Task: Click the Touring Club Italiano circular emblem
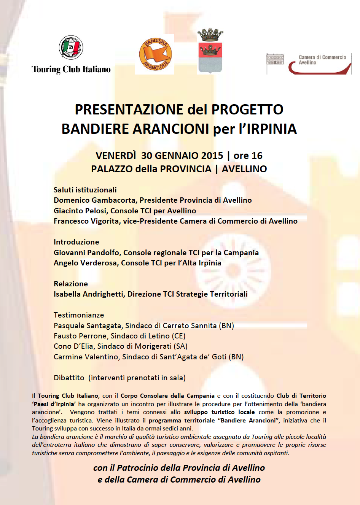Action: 71,48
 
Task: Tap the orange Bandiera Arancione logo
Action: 155,54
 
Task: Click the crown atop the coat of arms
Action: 210,35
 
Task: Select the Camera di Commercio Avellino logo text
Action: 322,60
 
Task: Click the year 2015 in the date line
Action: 212,156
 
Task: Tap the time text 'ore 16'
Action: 248,156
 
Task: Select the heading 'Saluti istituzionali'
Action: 85,190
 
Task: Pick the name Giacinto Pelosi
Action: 80,211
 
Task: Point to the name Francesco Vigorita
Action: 86,221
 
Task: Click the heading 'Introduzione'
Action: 76,242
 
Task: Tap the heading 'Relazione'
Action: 71,284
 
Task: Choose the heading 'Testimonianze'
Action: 79,315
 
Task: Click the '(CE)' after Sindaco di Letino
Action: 179,336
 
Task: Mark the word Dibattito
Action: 69,378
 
